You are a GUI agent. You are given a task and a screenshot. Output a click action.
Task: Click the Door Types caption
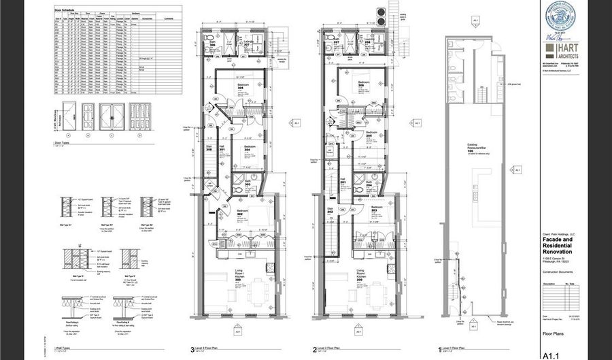64,144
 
